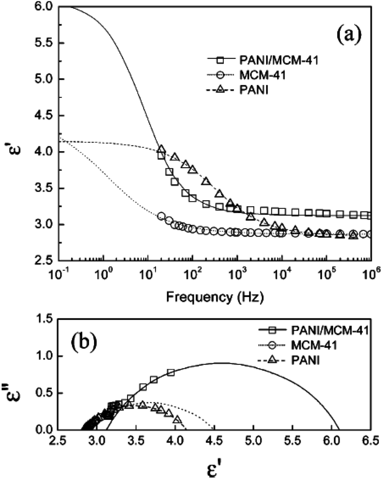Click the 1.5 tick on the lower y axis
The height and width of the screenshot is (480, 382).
[x=44, y=320]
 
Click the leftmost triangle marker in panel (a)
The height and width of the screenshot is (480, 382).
[x=161, y=149]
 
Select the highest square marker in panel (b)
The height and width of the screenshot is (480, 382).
[x=171, y=372]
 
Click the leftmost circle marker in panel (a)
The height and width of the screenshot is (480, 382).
[x=161, y=216]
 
